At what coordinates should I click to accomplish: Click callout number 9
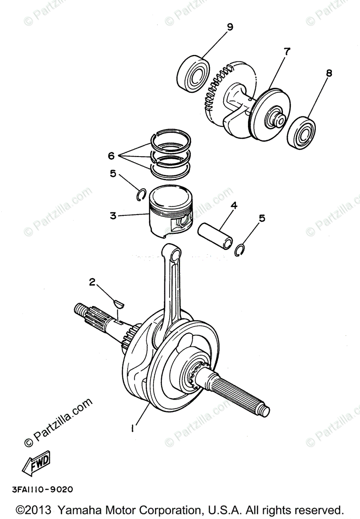229,27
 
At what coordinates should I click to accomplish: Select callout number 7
286,51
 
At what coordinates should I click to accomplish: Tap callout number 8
329,73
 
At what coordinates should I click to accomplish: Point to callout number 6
111,155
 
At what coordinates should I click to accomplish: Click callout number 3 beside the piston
113,215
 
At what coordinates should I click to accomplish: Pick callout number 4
234,205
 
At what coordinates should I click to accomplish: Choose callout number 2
92,282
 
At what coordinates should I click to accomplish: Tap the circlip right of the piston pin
240,250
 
